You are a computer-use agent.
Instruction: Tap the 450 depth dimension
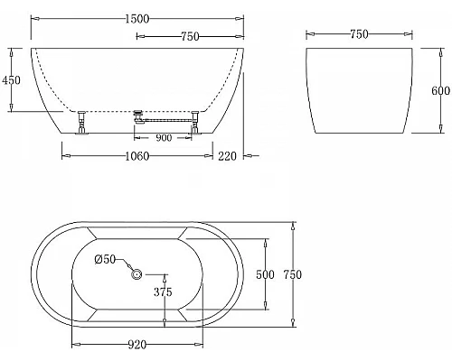tap(12, 79)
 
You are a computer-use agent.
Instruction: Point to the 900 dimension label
tap(165, 138)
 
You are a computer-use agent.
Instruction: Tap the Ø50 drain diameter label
tap(106, 260)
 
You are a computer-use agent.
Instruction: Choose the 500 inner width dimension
tap(265, 274)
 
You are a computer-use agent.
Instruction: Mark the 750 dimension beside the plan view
tap(292, 274)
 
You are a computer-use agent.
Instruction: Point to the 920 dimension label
tap(138, 344)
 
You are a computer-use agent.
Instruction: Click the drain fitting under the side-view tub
tap(138, 115)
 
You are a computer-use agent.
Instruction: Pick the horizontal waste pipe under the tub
tap(167, 115)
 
